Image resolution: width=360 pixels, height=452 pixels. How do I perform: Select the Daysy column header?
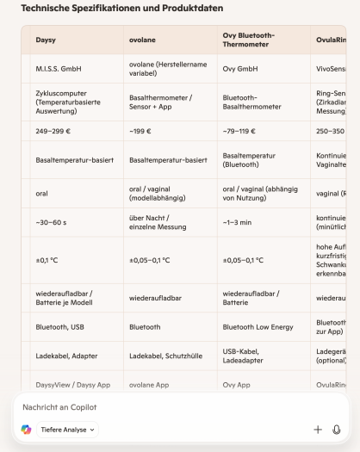[x=46, y=40]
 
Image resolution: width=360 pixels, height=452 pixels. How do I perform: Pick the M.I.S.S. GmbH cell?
[x=55, y=69]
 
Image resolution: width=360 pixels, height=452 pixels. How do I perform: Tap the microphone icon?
[x=337, y=429]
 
